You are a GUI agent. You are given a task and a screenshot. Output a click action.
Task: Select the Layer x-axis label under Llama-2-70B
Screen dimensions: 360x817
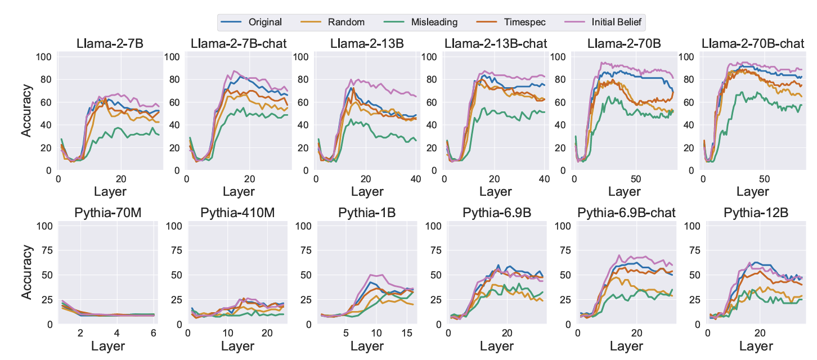[x=624, y=191]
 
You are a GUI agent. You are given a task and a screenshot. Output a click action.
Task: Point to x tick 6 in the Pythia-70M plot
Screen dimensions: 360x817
[x=152, y=333]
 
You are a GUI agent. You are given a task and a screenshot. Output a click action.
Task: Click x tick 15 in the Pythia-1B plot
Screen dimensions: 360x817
[x=406, y=333]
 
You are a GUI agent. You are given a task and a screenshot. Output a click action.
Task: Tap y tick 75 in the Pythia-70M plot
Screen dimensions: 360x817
[x=47, y=250]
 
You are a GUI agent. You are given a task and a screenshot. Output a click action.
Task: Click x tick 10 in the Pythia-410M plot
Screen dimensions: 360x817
[x=226, y=333]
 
